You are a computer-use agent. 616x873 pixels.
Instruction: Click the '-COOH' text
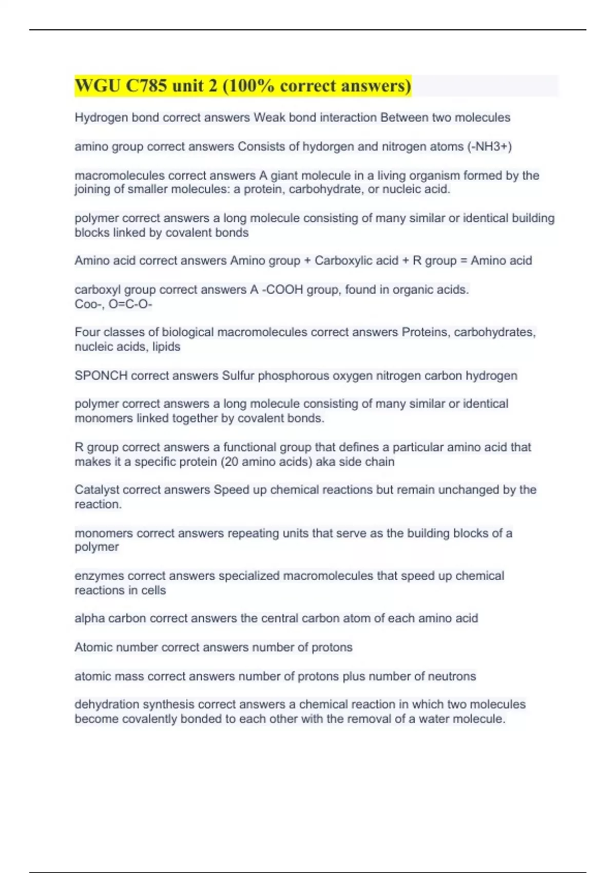click(282, 290)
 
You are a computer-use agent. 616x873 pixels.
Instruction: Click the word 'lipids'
click(166, 347)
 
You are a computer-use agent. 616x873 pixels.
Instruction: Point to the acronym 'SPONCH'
click(101, 375)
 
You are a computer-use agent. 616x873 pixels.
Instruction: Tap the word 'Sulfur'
click(238, 375)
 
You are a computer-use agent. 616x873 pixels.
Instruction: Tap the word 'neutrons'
click(453, 676)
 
